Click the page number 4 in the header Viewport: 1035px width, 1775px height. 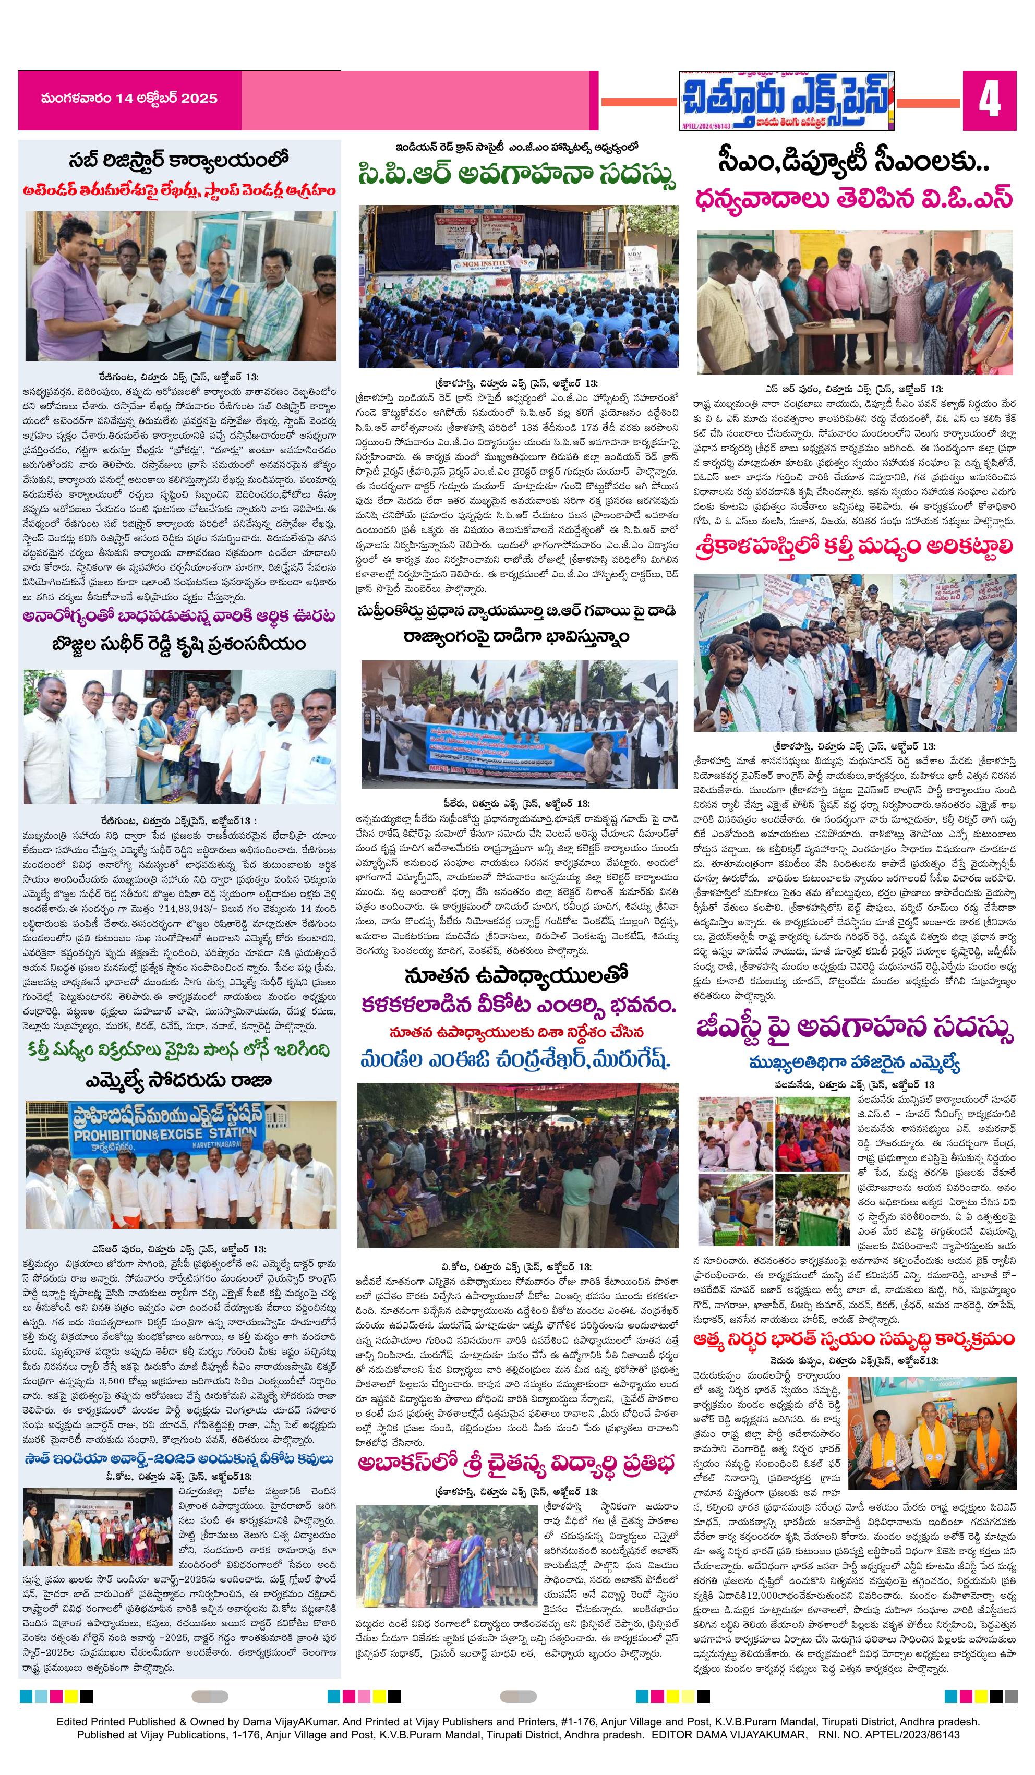[989, 101]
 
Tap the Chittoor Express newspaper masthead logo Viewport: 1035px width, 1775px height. [786, 100]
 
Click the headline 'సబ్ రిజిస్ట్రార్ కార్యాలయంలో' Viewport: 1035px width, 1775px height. [179, 161]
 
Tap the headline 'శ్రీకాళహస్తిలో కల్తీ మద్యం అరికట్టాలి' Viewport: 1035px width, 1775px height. [854, 547]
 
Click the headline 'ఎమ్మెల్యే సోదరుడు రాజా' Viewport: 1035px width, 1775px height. [178, 1080]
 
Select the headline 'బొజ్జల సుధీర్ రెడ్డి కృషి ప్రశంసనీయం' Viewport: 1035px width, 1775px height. [178, 645]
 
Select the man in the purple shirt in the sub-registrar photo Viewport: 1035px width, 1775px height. [70, 296]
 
